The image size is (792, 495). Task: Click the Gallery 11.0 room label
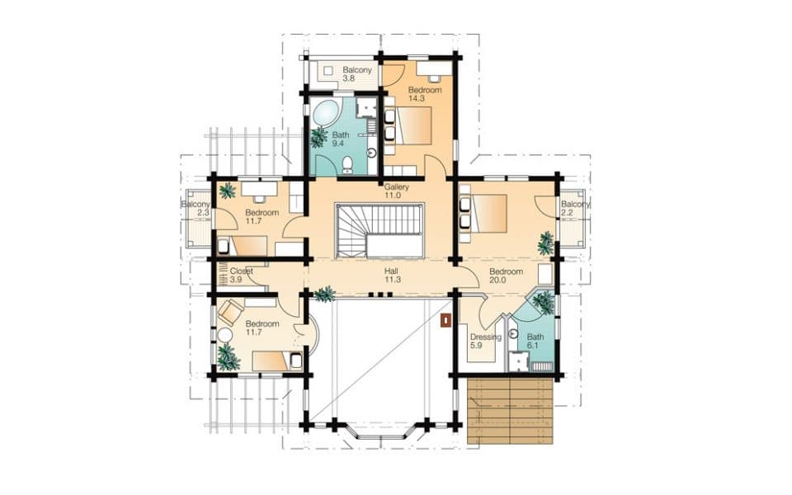397,191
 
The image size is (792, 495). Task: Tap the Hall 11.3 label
392,276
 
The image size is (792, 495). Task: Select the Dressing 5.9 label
485,342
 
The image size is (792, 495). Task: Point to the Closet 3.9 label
241,276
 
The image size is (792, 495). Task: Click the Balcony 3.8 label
357,74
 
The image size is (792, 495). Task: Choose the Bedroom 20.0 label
506,276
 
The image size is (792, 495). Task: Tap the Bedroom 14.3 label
425,94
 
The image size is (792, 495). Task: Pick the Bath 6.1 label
535,341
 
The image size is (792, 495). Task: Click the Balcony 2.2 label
575,209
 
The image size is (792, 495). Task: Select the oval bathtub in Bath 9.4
326,113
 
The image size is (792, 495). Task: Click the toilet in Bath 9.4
347,164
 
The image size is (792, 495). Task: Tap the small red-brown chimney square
445,320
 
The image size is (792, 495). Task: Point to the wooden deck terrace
510,411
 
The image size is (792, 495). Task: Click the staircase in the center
379,231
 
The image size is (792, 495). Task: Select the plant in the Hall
325,294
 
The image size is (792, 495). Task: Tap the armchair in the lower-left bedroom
230,311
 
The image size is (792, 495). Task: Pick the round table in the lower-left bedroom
224,336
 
